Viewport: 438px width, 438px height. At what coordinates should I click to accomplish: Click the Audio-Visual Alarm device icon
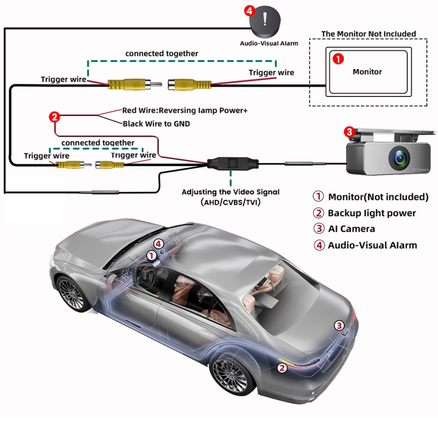pos(266,21)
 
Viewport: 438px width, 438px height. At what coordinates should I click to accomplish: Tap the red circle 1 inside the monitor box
pos(338,58)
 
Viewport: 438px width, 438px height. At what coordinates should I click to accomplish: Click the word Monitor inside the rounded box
pos(367,72)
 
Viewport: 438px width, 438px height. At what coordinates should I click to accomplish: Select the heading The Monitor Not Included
pos(368,34)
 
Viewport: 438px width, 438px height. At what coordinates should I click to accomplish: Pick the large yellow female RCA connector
pos(189,85)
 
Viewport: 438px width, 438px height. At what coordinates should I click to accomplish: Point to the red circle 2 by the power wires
pos(54,116)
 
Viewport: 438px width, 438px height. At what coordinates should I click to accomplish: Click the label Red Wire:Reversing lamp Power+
pos(185,111)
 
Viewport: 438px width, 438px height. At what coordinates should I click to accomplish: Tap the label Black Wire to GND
pos(156,124)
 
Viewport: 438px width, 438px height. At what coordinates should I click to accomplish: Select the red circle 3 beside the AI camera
pos(349,131)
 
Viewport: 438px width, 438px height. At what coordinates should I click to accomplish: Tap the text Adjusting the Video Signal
pos(230,192)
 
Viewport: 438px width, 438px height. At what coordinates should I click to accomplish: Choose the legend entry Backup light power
pos(372,213)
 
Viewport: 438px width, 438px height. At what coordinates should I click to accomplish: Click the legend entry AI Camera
pos(351,229)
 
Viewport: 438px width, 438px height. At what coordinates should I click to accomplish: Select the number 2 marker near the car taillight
pos(282,368)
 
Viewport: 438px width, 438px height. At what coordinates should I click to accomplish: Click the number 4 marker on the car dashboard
pos(159,244)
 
